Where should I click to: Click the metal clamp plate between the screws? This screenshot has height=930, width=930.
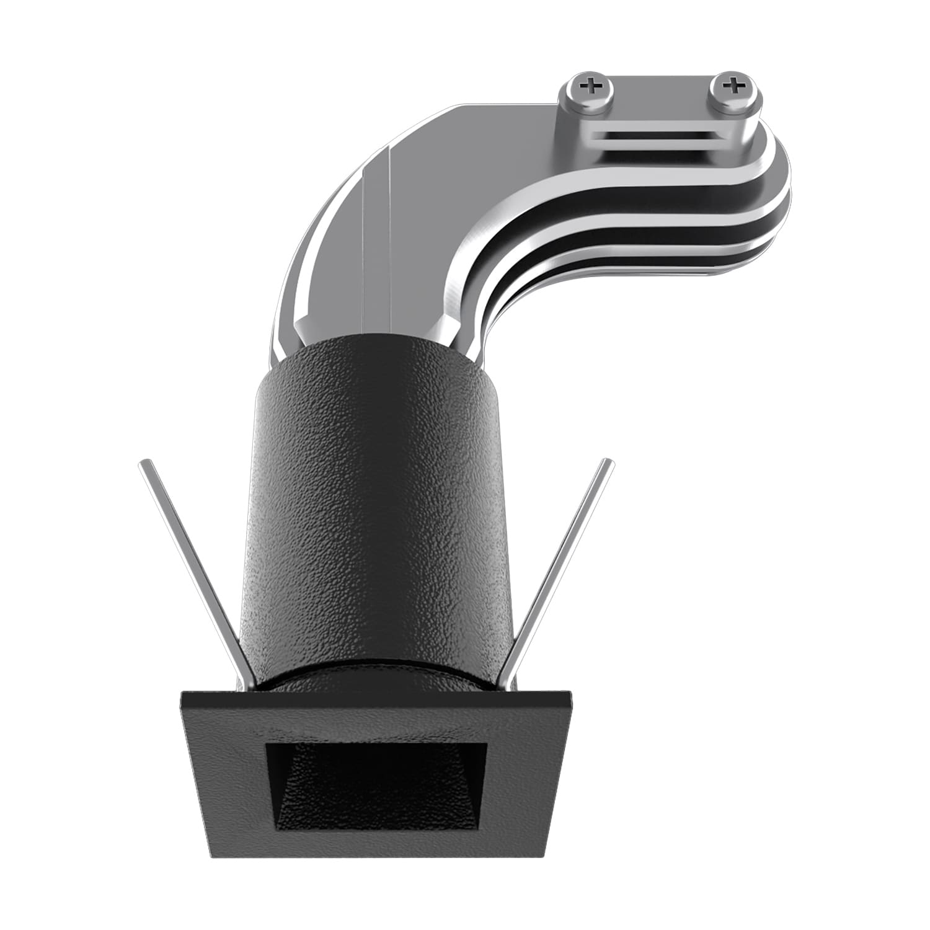tap(662, 99)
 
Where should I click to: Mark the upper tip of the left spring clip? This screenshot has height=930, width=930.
tap(143, 463)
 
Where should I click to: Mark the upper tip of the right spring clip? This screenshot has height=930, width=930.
tap(608, 463)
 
